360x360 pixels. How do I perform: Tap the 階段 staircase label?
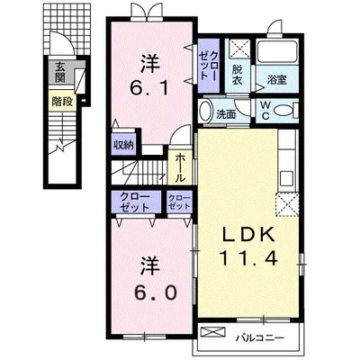click(x=62, y=102)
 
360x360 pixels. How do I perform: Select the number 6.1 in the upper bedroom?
click(x=149, y=88)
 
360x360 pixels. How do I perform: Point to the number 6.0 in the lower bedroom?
click(x=155, y=293)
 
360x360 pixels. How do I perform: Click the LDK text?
click(x=248, y=235)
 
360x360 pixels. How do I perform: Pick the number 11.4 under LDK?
click(x=248, y=258)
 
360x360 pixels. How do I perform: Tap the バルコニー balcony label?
click(x=259, y=338)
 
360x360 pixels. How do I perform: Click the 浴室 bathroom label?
click(x=277, y=80)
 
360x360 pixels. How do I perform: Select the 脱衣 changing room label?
click(x=238, y=75)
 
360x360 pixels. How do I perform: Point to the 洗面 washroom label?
click(x=226, y=114)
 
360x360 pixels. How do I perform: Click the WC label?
click(x=265, y=111)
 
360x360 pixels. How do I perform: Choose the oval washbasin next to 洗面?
click(x=206, y=111)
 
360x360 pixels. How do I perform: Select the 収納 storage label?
click(x=123, y=146)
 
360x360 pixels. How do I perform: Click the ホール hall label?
click(x=180, y=167)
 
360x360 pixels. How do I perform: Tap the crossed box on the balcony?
click(x=212, y=332)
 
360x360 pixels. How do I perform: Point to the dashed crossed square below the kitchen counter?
click(x=287, y=204)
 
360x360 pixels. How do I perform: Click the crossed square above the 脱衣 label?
click(x=239, y=49)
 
